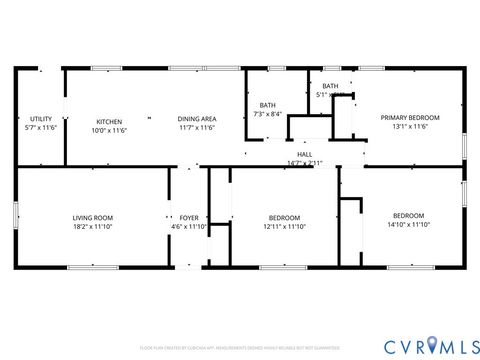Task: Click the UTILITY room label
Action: (x=41, y=119)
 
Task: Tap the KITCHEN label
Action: (x=108, y=121)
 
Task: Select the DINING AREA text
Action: (x=197, y=119)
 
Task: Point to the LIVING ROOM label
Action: (x=92, y=217)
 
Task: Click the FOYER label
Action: (x=188, y=217)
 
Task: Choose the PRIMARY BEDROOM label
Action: (x=410, y=117)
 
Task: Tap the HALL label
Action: (x=304, y=154)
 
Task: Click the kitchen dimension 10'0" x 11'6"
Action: (x=108, y=130)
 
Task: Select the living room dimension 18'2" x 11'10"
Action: (x=92, y=227)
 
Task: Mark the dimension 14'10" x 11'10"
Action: (x=408, y=226)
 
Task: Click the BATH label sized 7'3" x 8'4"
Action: (x=267, y=105)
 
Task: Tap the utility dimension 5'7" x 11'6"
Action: (x=41, y=128)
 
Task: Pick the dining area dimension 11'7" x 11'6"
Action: (x=197, y=128)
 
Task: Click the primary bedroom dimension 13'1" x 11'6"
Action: (x=410, y=127)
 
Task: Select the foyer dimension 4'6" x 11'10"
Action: (x=188, y=227)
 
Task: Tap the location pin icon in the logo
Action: (x=431, y=346)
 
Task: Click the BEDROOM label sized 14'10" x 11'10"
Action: (x=408, y=216)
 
